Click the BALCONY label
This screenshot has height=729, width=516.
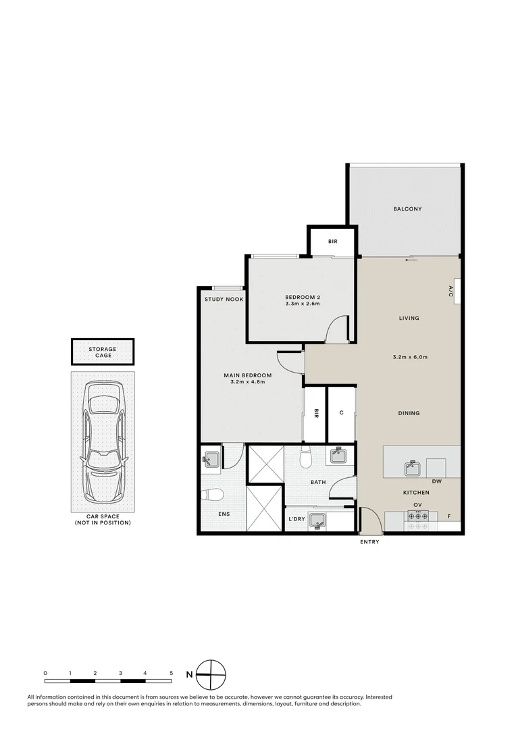[x=407, y=209]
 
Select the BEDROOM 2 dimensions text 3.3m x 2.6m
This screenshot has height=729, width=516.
[x=302, y=304]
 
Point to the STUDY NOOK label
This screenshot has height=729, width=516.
[x=224, y=299]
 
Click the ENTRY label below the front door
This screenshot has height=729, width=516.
[x=369, y=542]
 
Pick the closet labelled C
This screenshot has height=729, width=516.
[x=342, y=413]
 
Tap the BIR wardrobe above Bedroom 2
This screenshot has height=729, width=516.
[x=332, y=242]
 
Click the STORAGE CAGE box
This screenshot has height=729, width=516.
[x=103, y=352]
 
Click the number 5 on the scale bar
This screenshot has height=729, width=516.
[x=172, y=674]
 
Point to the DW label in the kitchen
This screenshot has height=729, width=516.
[x=437, y=482]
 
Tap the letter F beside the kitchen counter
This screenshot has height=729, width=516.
[x=449, y=516]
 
